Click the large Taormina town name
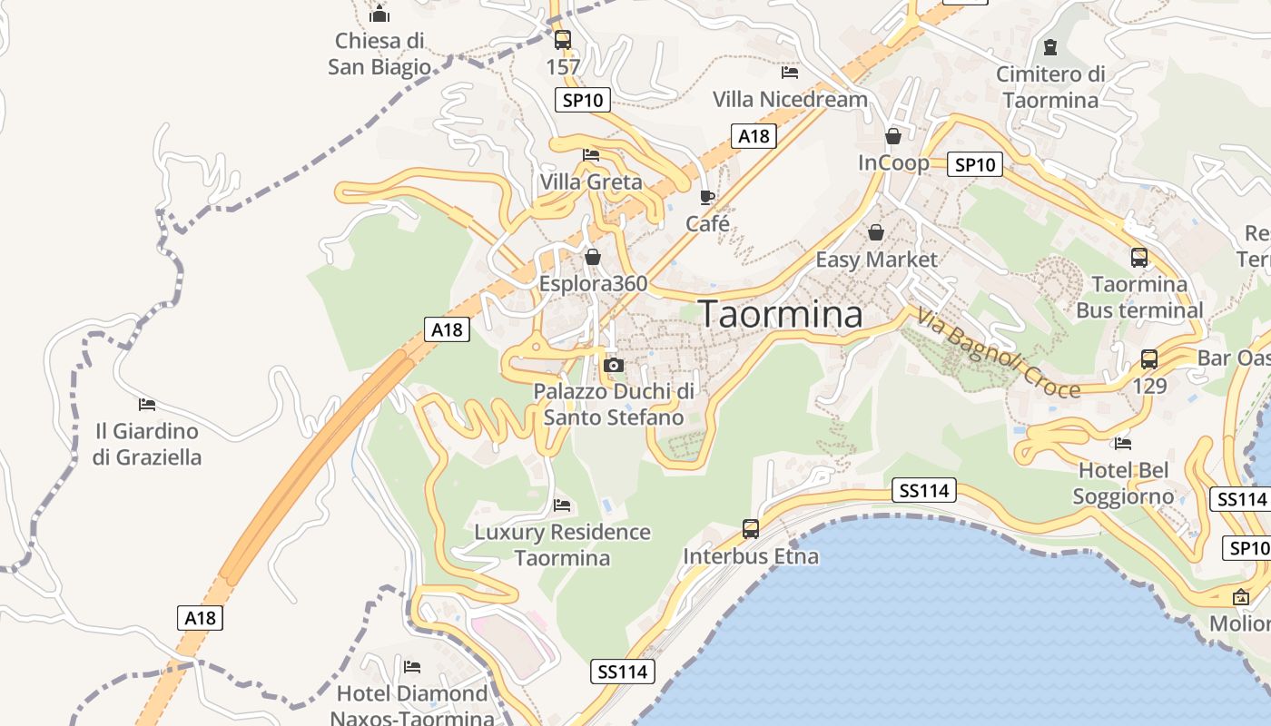point(781,314)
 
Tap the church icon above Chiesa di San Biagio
point(379,14)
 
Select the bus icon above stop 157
point(563,40)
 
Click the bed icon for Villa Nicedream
point(790,72)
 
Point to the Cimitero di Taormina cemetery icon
point(1050,46)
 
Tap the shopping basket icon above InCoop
point(893,136)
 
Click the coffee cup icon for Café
point(707,197)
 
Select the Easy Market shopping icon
point(876,232)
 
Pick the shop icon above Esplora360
point(593,258)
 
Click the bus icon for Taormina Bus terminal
point(1139,258)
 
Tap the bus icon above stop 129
point(1149,358)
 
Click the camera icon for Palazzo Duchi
point(614,365)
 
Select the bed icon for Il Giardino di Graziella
point(147,404)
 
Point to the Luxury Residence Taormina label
point(563,544)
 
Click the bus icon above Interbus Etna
point(751,528)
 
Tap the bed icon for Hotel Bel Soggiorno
point(1123,444)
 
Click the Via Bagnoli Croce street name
point(998,355)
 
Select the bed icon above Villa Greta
point(591,155)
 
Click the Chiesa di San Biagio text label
point(379,54)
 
